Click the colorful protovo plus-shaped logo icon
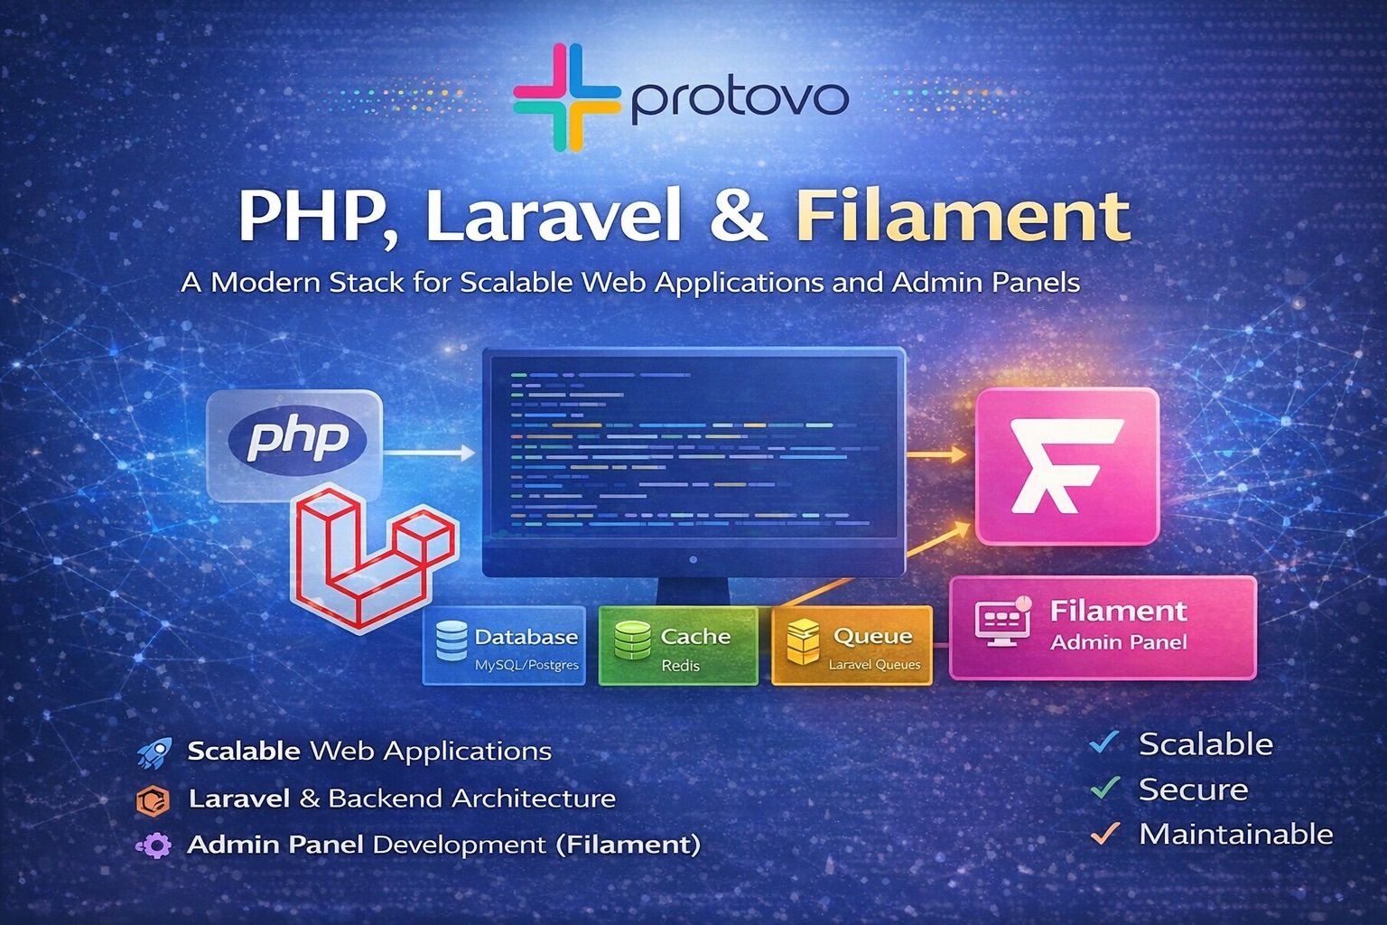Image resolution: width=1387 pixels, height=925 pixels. (566, 97)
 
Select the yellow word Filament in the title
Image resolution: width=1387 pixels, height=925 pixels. (963, 216)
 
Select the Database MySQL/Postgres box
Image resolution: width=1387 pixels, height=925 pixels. (504, 645)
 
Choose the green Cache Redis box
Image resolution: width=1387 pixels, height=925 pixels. (678, 645)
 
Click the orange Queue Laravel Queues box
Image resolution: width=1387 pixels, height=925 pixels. (852, 645)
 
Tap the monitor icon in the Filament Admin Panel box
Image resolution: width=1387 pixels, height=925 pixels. (1003, 623)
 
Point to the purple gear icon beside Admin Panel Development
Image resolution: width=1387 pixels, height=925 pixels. (154, 846)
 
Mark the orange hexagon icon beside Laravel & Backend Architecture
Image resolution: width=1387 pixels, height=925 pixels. (154, 799)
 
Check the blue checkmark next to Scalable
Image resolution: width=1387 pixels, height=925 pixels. (1104, 743)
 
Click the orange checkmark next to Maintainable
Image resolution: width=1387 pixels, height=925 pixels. (1104, 833)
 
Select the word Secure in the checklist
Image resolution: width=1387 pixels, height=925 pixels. (1193, 790)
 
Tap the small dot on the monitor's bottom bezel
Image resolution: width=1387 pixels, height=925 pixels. (693, 560)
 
